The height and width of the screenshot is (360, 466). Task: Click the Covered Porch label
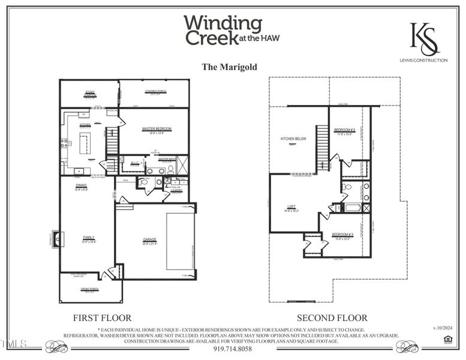tap(154, 91)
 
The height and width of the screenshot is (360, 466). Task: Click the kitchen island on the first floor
tap(85, 143)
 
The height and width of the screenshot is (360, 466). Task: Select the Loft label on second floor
tap(291, 208)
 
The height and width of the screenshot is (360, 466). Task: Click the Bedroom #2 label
tap(345, 130)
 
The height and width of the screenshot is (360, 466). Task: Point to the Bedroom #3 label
tap(342, 235)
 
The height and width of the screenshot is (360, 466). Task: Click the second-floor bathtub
tap(353, 208)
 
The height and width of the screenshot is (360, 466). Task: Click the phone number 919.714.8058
tap(233, 349)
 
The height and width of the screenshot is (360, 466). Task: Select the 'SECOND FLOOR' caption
tap(332, 317)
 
